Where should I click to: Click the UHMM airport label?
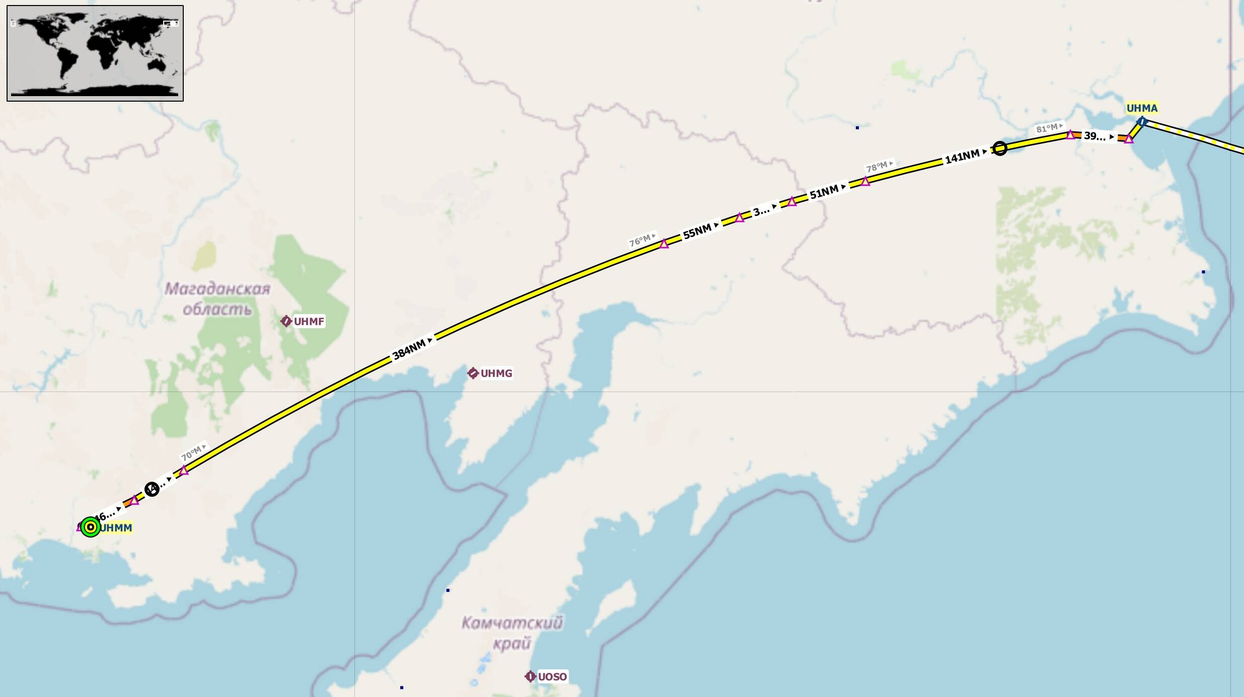(116, 527)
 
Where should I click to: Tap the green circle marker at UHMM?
(90, 527)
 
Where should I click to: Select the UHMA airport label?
(1142, 108)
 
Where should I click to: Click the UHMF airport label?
(309, 321)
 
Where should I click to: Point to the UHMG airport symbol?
(473, 373)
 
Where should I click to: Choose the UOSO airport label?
(552, 676)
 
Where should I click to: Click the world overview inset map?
(95, 53)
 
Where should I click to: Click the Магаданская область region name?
(217, 298)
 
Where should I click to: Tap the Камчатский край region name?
(512, 633)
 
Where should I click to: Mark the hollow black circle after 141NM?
(1000, 148)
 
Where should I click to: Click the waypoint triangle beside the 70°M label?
(184, 471)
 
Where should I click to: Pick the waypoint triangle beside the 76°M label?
(664, 244)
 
